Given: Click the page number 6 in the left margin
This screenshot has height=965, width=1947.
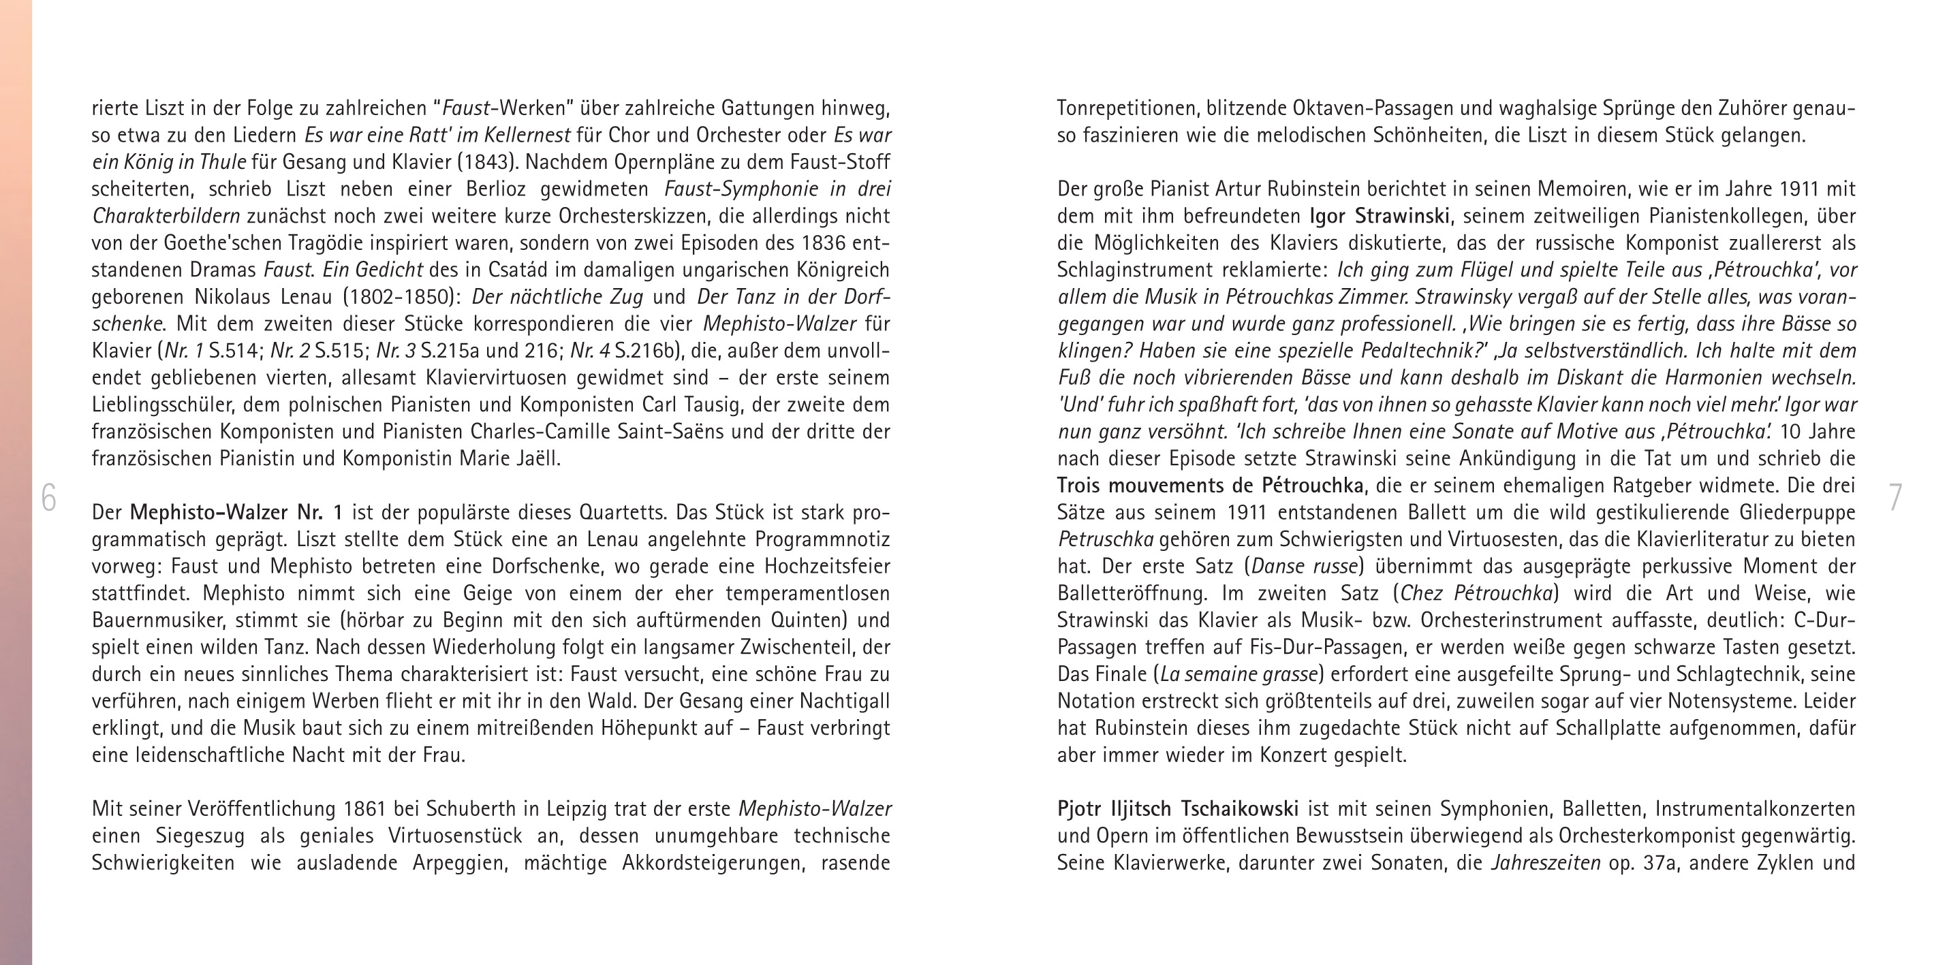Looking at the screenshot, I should coord(48,498).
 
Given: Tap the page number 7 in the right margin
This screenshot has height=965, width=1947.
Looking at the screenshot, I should coord(1895,498).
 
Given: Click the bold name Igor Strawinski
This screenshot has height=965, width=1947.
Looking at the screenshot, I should coord(1380,216).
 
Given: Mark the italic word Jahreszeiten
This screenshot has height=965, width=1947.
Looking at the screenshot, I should coord(1545,863).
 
